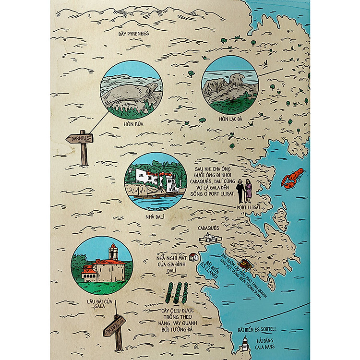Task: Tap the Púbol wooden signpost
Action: [114, 326]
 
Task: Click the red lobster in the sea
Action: [293, 178]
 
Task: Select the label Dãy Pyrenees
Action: [134, 34]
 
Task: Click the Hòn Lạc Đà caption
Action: [230, 119]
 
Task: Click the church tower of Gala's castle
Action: [113, 252]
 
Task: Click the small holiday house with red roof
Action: [193, 257]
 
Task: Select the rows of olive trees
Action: [176, 292]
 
